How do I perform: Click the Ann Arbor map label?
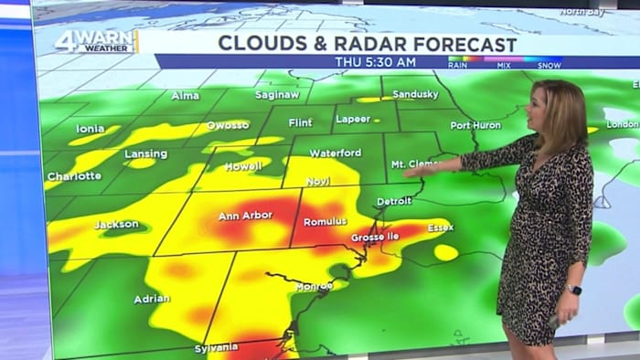244,217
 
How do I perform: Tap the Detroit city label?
394,200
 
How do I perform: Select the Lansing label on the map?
146,154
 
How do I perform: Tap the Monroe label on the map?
314,286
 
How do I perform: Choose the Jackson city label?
116,224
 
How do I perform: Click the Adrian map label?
151,299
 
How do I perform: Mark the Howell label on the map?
243,165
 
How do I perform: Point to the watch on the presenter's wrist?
573,290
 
